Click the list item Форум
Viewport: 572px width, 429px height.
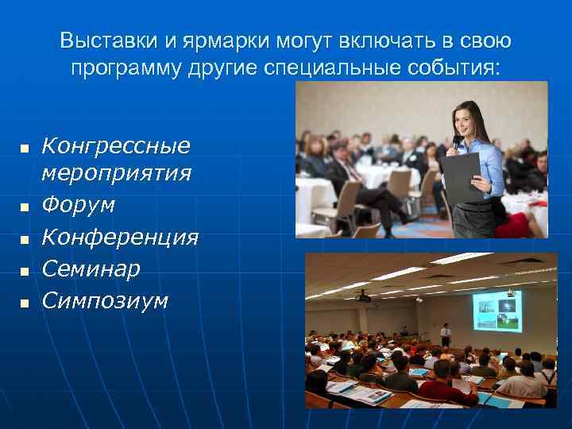(78, 205)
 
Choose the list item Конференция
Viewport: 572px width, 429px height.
(120, 238)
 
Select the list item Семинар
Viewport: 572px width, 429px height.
(91, 269)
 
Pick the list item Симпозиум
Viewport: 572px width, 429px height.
(105, 301)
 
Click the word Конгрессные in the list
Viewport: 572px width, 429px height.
(116, 145)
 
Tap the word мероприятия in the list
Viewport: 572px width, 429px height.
(116, 172)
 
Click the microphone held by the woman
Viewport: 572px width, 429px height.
(456, 144)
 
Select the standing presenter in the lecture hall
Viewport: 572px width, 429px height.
(446, 334)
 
